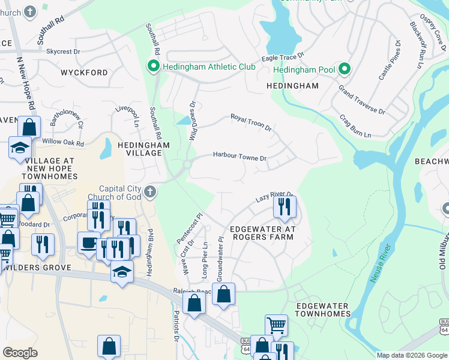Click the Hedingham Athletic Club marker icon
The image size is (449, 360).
[x=153, y=67]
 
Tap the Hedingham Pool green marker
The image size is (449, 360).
[x=344, y=70]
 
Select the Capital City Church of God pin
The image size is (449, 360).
[x=151, y=192]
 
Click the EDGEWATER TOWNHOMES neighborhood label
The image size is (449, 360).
[x=322, y=310]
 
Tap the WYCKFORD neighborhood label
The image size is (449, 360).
[x=84, y=73]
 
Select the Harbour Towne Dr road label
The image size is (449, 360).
[x=240, y=157]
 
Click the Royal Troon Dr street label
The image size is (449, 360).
[x=252, y=122]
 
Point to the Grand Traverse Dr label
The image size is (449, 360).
[x=361, y=100]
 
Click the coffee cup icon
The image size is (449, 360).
[x=89, y=243]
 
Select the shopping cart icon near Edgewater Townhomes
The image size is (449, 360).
[x=276, y=325]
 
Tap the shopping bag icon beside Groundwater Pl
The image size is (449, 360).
[x=223, y=294]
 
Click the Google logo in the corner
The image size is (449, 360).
[x=20, y=353]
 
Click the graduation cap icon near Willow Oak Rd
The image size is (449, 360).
[x=20, y=148]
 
